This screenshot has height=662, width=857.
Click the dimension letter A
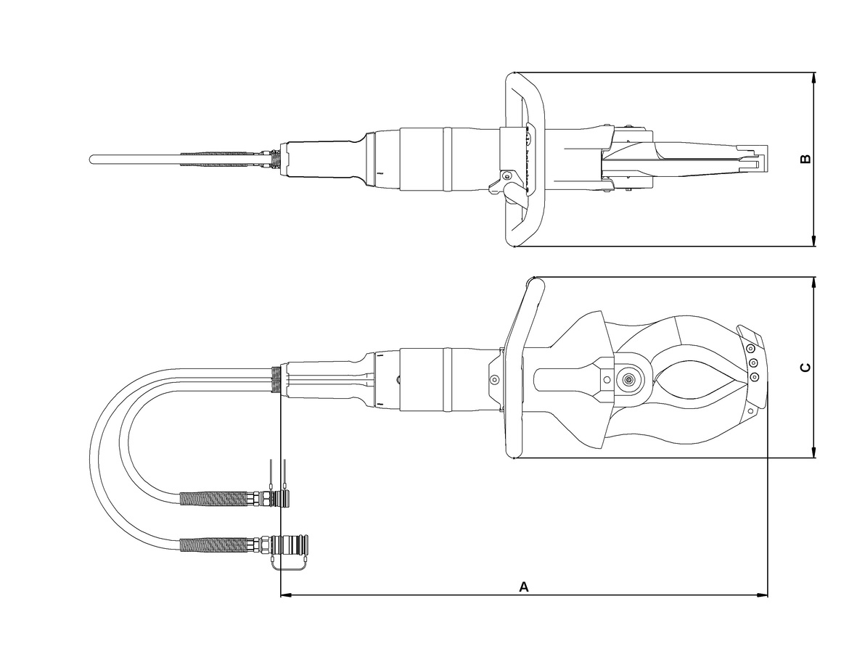pyautogui.click(x=524, y=587)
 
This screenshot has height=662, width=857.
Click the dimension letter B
pyautogui.click(x=805, y=159)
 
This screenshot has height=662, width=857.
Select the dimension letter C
pyautogui.click(x=805, y=368)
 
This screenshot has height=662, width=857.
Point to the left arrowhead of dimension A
pyautogui.click(x=286, y=595)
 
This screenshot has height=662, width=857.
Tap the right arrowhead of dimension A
pyautogui.click(x=762, y=595)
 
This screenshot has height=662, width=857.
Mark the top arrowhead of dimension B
pyautogui.click(x=813, y=78)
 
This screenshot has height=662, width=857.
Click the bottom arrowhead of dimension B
pyautogui.click(x=813, y=240)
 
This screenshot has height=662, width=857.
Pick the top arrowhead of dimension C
pyautogui.click(x=813, y=284)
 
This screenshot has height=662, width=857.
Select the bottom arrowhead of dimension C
pyautogui.click(x=813, y=452)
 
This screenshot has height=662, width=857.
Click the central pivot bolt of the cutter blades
pyautogui.click(x=628, y=379)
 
